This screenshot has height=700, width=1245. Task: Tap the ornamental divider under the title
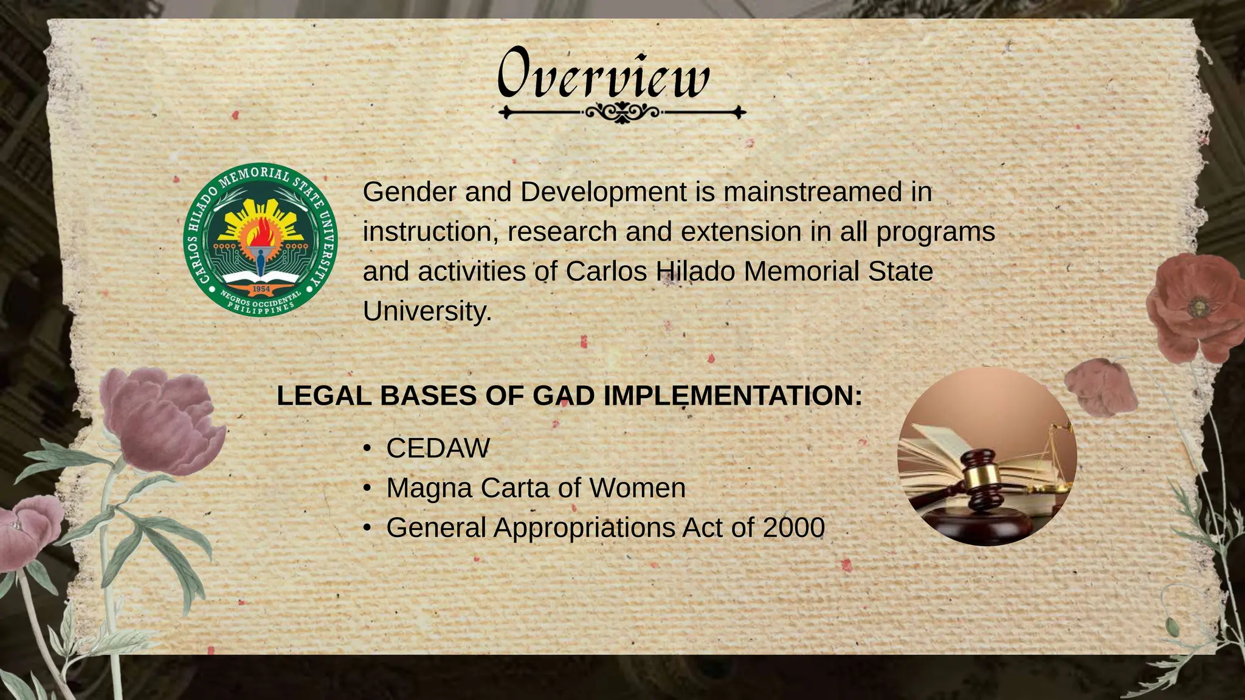point(622,112)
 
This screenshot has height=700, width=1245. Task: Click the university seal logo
point(260,240)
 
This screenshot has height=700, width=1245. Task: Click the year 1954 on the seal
point(261,289)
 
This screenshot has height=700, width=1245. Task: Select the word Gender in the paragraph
point(409,192)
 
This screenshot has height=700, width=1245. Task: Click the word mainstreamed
point(812,192)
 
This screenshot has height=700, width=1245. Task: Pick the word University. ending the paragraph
point(427,311)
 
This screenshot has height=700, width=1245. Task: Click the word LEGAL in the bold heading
point(323,396)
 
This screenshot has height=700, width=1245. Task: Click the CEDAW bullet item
point(438,448)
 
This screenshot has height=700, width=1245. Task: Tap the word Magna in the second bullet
point(429,488)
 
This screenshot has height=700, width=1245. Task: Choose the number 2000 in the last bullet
point(793,527)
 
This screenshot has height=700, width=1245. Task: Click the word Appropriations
point(584,527)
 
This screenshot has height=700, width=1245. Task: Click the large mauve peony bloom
point(159,419)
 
